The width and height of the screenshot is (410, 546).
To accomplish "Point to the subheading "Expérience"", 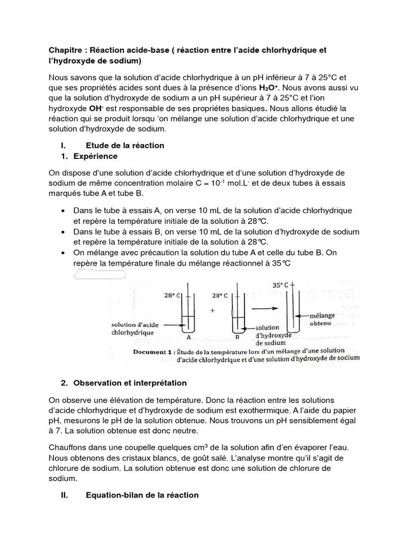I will pos(96,156).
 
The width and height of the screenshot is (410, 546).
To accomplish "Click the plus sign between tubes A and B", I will pos(212,311).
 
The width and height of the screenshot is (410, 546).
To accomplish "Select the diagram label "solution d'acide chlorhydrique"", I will pos(132,328).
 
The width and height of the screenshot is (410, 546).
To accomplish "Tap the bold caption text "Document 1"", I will pos(155,352).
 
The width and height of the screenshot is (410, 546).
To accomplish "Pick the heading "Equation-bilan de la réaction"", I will pos(142,495).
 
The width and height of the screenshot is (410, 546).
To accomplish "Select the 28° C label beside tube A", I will pos(172,295).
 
